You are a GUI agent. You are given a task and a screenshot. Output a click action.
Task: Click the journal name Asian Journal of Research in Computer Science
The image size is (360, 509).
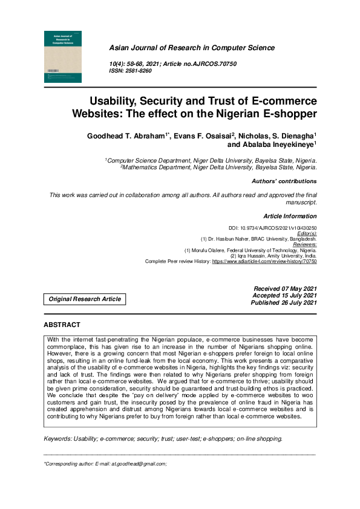pyautogui.click(x=191, y=48)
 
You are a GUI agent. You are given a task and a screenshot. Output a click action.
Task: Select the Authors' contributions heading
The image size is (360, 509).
pyautogui.click(x=284, y=181)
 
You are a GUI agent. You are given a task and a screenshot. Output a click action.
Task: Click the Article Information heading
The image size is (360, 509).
pyautogui.click(x=290, y=216)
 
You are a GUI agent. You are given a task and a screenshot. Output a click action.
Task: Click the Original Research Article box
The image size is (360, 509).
pyautogui.click(x=85, y=299)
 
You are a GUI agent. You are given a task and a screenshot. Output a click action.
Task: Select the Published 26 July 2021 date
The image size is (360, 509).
pyautogui.click(x=284, y=303)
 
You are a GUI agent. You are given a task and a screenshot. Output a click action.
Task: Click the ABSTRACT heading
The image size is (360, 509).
pyautogui.click(x=62, y=325)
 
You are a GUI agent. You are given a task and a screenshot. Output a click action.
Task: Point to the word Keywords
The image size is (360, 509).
pyautogui.click(x=57, y=422)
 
